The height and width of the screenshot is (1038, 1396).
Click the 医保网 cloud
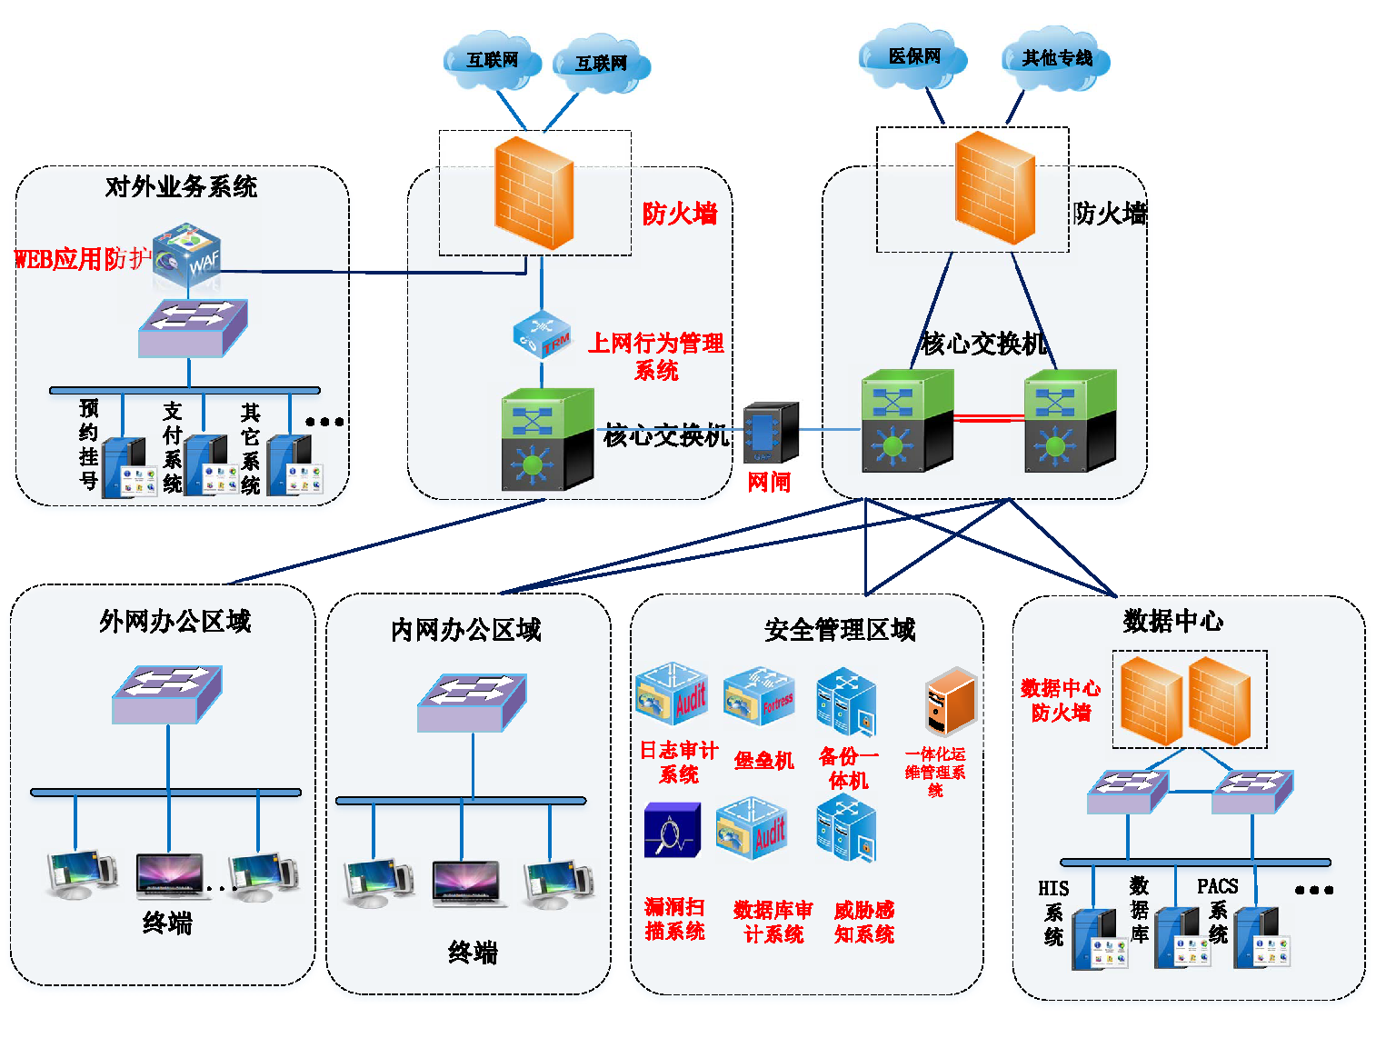[x=912, y=57]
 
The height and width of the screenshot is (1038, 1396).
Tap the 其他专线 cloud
[x=1055, y=59]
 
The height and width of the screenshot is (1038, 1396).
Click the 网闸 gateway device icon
[x=770, y=434]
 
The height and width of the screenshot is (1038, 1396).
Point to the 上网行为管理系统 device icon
[x=542, y=335]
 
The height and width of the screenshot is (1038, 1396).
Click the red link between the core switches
[x=989, y=418]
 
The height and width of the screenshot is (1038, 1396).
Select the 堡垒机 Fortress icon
[x=759, y=698]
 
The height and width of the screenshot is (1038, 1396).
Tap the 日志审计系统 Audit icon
[x=673, y=694]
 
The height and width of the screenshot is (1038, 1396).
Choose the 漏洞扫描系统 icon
[x=673, y=830]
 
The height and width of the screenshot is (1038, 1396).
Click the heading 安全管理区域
[x=840, y=630]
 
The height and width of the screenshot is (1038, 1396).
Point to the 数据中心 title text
[x=1172, y=622]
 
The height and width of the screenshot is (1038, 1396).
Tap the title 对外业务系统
[x=181, y=187]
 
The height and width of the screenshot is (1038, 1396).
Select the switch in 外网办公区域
[x=167, y=694]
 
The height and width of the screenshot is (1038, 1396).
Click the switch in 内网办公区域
[x=472, y=703]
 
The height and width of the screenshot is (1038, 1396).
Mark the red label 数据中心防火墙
[x=1060, y=700]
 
